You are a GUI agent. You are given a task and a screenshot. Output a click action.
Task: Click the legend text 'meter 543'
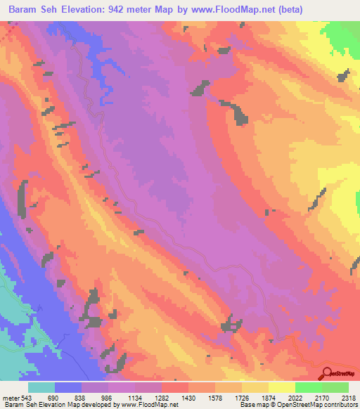(x=13, y=397)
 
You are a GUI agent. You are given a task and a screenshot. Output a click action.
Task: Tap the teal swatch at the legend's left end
(x=41, y=387)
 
